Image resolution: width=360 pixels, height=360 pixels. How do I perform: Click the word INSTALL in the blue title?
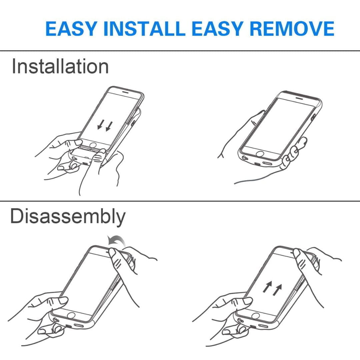point(144,29)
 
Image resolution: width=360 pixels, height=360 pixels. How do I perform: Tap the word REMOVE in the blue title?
point(292,29)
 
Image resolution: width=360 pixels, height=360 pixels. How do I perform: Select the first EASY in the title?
point(71,29)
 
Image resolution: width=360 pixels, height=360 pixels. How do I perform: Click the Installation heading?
point(60,66)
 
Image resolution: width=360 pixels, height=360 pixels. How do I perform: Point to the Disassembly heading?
point(68,217)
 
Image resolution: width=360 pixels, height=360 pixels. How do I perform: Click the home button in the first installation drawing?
point(93,145)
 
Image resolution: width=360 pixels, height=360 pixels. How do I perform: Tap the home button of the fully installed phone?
point(260,154)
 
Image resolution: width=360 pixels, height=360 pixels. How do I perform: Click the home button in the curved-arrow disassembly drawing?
point(71,316)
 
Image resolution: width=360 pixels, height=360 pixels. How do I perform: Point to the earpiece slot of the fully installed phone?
point(299,98)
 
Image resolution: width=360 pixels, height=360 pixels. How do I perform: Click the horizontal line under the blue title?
point(180,51)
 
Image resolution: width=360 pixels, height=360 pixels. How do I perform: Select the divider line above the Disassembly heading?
point(180,201)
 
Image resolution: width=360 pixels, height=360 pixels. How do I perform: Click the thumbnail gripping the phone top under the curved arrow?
point(112,253)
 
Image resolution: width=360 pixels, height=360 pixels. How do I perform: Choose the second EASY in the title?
point(217,29)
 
